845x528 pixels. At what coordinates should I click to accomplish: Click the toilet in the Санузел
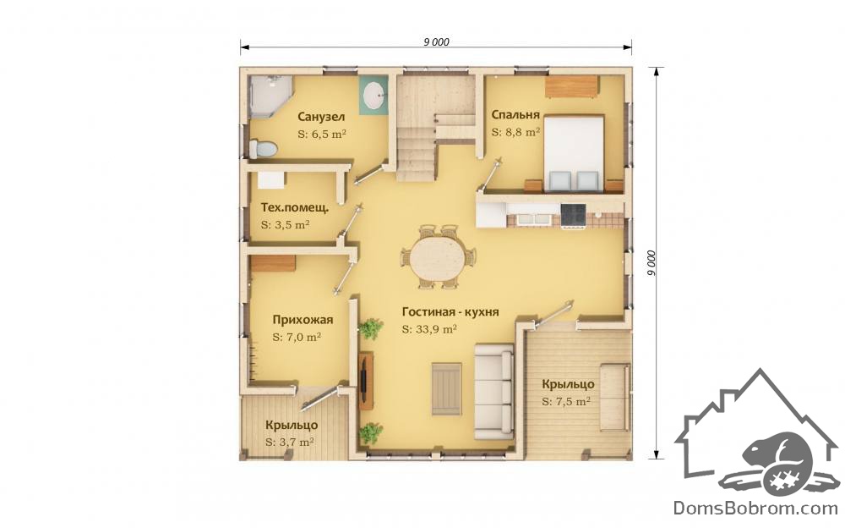pos(263,149)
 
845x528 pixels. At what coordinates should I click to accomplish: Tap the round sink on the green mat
pos(373,95)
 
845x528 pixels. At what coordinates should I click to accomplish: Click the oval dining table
pos(437,257)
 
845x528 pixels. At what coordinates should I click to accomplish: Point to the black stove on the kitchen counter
pos(572,216)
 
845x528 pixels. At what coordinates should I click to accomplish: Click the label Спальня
pos(515,114)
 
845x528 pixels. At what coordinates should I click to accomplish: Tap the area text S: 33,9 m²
pos(429,329)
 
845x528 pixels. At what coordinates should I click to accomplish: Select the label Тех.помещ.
pos(295,207)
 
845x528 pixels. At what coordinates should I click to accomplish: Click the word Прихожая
pos(303,320)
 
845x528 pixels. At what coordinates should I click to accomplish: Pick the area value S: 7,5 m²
pos(566,402)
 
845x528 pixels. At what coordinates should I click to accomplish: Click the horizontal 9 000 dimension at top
pos(436,42)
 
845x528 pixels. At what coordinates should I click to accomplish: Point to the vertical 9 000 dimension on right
pos(651,263)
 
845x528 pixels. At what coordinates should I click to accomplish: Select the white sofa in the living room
pos(494,390)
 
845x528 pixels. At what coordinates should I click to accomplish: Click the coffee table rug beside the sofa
pos(447,388)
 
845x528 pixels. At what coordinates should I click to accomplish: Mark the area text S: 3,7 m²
pos(290,442)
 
